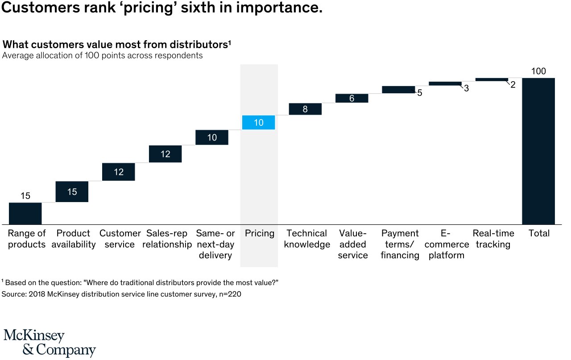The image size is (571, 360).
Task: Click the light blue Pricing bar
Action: pos(259,123)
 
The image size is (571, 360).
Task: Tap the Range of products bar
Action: pos(25,213)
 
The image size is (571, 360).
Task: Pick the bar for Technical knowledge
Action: pos(305,109)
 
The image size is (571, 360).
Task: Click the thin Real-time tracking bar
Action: pos(492,79)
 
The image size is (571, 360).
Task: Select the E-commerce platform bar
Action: pos(445,83)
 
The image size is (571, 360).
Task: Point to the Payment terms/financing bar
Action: pos(398,90)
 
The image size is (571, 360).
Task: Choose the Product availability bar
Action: pos(72,192)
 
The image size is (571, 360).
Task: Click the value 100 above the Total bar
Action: pos(538,71)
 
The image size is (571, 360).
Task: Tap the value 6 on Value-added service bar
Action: pos(352,99)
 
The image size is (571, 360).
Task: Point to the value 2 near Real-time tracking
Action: pos(513,84)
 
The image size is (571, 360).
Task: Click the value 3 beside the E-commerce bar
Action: pos(466,88)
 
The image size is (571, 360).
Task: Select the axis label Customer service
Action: pos(120,239)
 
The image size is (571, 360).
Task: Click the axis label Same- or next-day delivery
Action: pos(215,244)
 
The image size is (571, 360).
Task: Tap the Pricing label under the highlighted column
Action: pos(259,233)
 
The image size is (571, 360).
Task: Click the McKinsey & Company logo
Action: pos(50,343)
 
